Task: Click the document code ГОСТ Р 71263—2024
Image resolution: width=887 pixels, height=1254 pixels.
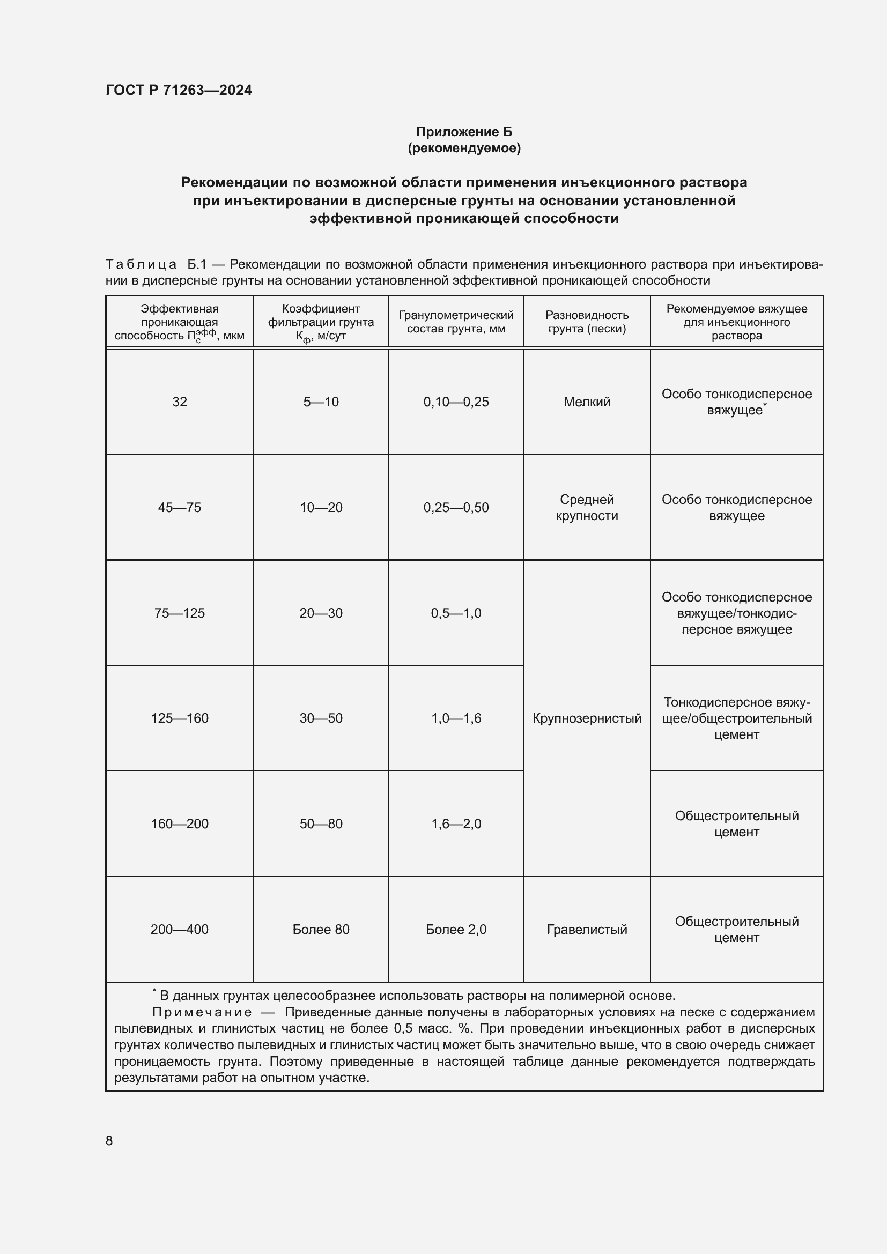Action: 179,90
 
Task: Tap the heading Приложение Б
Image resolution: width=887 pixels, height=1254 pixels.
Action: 464,132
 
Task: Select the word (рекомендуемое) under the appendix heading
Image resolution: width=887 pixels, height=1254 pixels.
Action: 464,148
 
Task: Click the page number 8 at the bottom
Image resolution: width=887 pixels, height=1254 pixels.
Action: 109,1140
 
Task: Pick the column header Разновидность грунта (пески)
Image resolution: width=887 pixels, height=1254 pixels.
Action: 587,322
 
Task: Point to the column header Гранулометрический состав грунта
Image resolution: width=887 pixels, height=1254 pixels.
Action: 455,322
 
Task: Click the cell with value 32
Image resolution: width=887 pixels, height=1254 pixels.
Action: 179,402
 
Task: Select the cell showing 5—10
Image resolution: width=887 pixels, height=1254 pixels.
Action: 321,402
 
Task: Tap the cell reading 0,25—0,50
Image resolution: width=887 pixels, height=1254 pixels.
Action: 455,507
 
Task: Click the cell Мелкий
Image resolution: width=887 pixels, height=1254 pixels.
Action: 587,402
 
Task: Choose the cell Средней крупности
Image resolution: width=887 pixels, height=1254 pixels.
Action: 587,507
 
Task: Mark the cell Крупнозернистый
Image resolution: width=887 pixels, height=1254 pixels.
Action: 587,718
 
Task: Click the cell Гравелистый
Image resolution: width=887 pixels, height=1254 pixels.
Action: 587,929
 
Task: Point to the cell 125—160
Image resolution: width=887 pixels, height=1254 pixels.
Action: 179,718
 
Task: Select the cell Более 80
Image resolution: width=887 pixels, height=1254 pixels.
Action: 321,929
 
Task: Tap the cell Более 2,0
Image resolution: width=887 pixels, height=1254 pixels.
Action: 455,929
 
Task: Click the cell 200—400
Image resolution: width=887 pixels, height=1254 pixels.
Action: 179,929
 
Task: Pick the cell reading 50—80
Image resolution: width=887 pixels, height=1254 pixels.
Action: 321,823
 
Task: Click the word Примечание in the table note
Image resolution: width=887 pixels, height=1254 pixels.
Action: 202,1012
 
